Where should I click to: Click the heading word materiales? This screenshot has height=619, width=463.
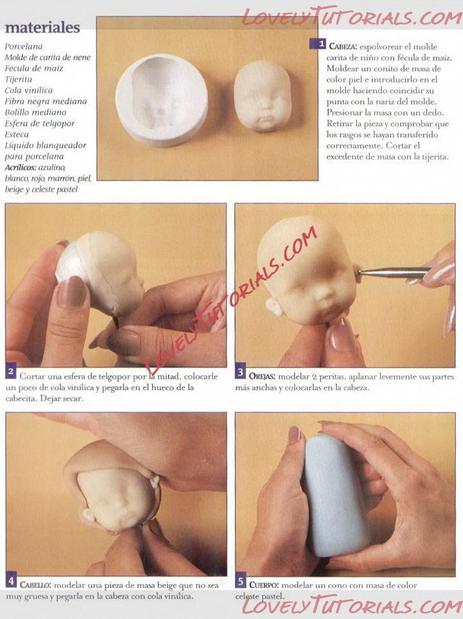click(42, 27)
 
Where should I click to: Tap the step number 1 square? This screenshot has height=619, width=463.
click(317, 44)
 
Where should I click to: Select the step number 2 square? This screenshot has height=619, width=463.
click(11, 372)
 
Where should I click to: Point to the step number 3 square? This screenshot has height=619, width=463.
click(241, 372)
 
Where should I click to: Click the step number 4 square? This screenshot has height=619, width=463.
click(11, 581)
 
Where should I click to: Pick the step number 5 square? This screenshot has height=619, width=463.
click(241, 581)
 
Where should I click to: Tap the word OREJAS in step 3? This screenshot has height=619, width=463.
click(262, 377)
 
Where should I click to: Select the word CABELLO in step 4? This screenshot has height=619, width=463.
click(35, 585)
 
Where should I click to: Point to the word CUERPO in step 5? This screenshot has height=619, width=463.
click(264, 585)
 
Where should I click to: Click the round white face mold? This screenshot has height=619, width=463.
click(161, 101)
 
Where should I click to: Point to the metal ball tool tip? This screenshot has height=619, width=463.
click(360, 272)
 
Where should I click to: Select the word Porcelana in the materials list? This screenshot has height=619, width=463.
click(24, 46)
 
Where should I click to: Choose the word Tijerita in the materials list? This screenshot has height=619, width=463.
click(18, 79)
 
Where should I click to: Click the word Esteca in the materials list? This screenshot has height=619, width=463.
click(17, 134)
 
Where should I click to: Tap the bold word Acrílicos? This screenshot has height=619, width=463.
click(21, 167)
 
